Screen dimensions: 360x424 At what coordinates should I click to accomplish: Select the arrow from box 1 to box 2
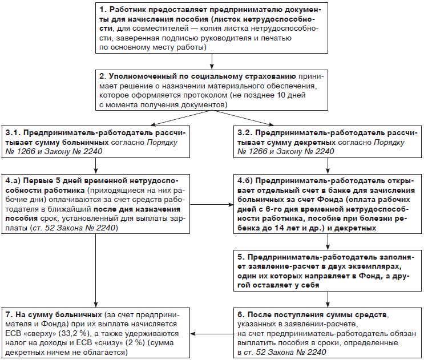(212, 60)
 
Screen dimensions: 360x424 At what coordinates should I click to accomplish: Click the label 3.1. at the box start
(13, 132)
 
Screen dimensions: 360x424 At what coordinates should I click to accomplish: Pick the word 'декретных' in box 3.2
(315, 141)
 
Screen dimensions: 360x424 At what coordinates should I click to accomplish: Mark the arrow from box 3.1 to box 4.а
(96, 165)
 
